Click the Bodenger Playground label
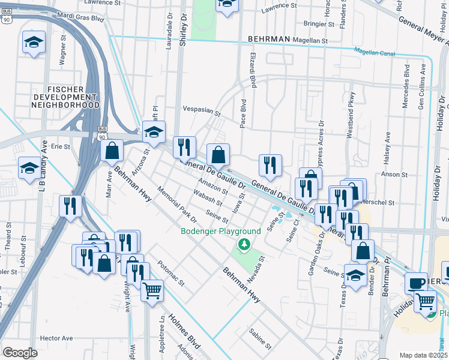(x=221, y=231)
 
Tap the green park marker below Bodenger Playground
(x=244, y=244)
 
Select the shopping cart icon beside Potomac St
(x=152, y=290)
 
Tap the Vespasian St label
(x=201, y=112)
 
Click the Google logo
(x=20, y=352)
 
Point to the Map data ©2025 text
(x=423, y=355)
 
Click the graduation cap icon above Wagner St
(x=34, y=41)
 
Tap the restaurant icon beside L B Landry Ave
(x=70, y=206)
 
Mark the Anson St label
(x=394, y=175)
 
